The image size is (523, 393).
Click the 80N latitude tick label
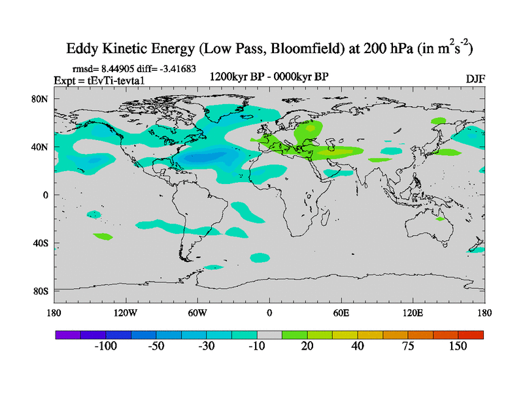41,99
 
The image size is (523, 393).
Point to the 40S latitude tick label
41,243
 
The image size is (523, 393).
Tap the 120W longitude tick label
125,312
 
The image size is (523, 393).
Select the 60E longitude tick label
341,312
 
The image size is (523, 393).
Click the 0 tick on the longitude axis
269,312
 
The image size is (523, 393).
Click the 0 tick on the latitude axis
46,195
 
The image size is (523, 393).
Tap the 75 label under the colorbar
408,346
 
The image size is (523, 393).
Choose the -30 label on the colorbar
206,346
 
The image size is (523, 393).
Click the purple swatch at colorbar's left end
67,335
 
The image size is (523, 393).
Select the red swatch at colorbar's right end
471,335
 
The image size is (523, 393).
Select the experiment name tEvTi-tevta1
120,80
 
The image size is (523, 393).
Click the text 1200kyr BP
236,77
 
